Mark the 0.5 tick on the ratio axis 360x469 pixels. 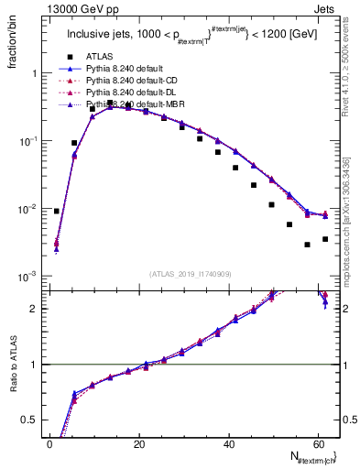32,420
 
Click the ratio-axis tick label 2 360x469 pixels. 36,309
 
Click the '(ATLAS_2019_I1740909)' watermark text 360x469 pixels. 191,273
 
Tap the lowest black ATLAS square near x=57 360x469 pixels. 307,245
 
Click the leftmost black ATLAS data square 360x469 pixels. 57,211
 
